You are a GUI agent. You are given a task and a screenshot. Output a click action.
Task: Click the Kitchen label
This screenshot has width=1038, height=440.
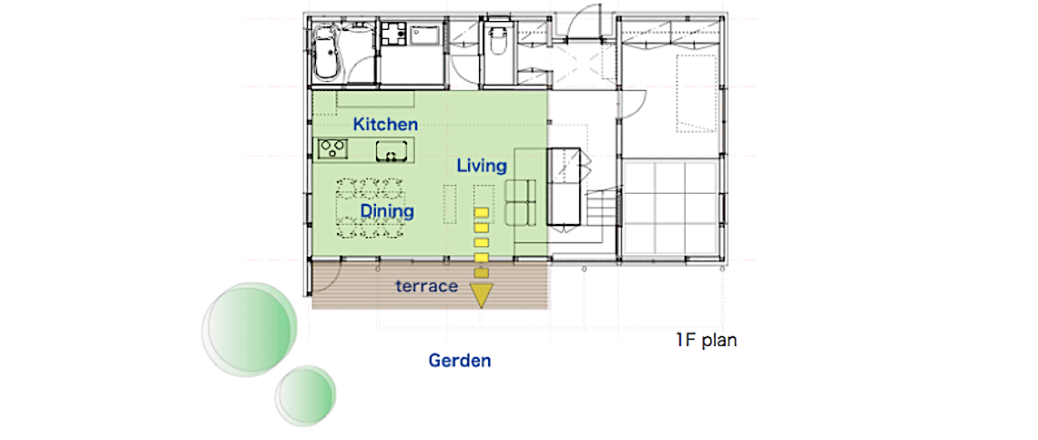click(385, 124)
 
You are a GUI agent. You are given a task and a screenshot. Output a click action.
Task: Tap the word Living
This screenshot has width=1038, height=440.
click(482, 166)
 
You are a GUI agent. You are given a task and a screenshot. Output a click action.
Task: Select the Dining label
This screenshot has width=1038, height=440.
click(387, 211)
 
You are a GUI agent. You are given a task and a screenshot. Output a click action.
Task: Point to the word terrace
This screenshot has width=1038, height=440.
click(427, 286)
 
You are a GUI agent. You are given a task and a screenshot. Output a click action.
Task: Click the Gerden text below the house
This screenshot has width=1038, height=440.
click(460, 361)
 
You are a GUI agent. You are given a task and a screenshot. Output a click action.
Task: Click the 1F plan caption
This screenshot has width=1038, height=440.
click(706, 342)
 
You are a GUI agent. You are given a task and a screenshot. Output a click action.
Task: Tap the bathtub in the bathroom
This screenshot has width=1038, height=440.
click(325, 52)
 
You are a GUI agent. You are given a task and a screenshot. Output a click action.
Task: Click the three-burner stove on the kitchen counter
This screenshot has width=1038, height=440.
click(332, 149)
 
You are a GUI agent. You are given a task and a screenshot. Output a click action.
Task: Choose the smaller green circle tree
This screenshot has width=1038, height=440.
click(305, 397)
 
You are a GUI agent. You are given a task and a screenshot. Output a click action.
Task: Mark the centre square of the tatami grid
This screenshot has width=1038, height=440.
click(669, 207)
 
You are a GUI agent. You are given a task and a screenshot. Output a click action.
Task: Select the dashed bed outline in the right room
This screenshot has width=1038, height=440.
click(697, 94)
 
